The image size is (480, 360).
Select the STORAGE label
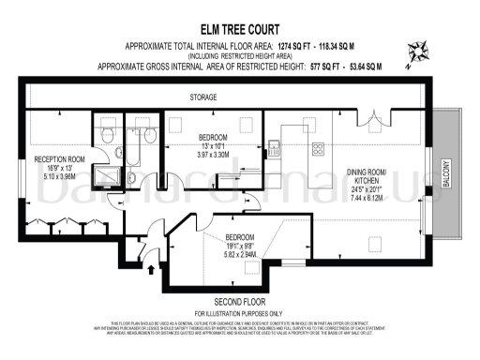tap(203, 97)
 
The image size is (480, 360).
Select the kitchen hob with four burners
tap(317, 148)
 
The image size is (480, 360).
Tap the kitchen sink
tap(275, 146)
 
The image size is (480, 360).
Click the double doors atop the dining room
tap(374, 117)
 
